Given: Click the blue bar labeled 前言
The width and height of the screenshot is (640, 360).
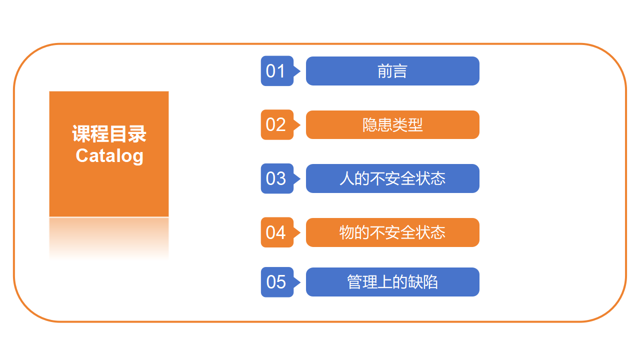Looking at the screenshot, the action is (392, 71).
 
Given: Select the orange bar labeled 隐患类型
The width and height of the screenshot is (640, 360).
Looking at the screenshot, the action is (392, 124).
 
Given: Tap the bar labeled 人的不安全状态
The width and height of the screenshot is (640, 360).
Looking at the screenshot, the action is (392, 178).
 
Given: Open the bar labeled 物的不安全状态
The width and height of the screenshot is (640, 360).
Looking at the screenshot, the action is (392, 232).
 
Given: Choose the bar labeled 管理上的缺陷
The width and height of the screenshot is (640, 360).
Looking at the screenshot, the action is (392, 282).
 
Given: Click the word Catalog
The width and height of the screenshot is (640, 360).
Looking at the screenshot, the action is (109, 156).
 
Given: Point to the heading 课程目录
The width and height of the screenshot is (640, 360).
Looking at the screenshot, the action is (109, 133).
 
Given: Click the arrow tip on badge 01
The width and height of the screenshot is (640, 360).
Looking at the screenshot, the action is (300, 71).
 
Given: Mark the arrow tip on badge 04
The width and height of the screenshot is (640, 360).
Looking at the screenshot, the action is (300, 232).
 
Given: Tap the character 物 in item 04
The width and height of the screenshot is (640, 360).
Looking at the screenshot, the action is (347, 232).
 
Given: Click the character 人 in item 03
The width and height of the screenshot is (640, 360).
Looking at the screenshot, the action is (347, 178).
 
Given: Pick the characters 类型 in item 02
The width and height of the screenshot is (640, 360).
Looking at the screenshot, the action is (407, 125).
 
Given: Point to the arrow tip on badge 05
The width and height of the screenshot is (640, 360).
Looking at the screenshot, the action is (300, 282).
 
